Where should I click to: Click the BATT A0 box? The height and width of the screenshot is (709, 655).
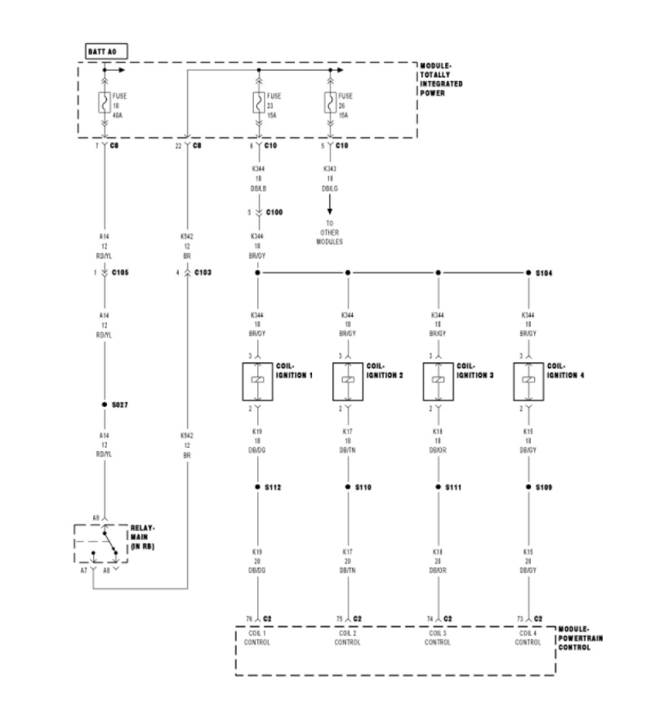click(x=107, y=51)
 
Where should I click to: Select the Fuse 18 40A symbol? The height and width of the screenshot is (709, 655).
click(x=105, y=104)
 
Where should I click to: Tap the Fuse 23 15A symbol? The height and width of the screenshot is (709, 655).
click(x=258, y=104)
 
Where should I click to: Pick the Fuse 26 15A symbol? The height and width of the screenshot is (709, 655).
click(x=331, y=104)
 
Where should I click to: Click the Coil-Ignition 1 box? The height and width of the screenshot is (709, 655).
click(x=257, y=381)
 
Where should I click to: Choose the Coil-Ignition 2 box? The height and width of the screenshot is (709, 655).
click(x=347, y=381)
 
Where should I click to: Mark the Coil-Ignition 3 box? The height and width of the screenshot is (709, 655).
click(x=438, y=381)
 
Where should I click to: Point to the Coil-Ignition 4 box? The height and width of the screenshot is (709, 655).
click(x=528, y=381)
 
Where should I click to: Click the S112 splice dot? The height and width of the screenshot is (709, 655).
click(x=257, y=487)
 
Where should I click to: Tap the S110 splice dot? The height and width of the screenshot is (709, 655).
click(x=347, y=487)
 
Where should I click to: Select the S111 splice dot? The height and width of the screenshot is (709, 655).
click(x=438, y=487)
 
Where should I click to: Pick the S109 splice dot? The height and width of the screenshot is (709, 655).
click(x=528, y=487)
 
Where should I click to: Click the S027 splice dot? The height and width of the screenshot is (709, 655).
click(x=105, y=404)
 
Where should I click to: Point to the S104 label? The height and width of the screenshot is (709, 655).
click(x=546, y=273)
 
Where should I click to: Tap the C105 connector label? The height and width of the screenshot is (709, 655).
click(x=121, y=273)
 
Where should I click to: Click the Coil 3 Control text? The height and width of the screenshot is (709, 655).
click(x=438, y=638)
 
